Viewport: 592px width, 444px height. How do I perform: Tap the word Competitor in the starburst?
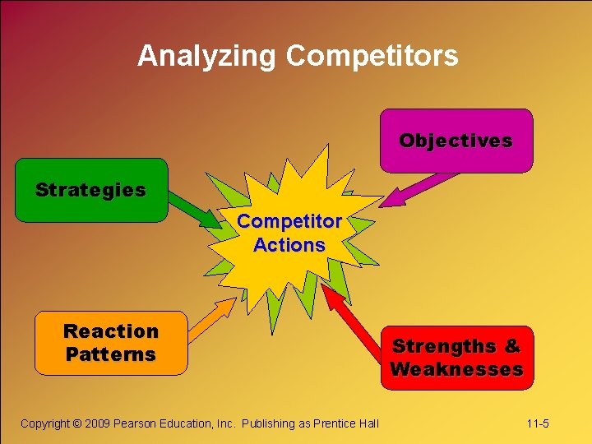pyautogui.click(x=289, y=222)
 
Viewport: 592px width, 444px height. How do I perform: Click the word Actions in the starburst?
pyautogui.click(x=289, y=245)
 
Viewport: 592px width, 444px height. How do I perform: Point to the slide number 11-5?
pyautogui.click(x=538, y=423)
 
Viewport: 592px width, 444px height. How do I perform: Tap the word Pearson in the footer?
pyautogui.click(x=139, y=423)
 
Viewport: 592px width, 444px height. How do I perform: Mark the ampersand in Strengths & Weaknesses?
pyautogui.click(x=512, y=346)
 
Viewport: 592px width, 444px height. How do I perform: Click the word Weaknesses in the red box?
pyautogui.click(x=456, y=369)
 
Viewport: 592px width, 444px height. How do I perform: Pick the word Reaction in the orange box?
pyautogui.click(x=111, y=331)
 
